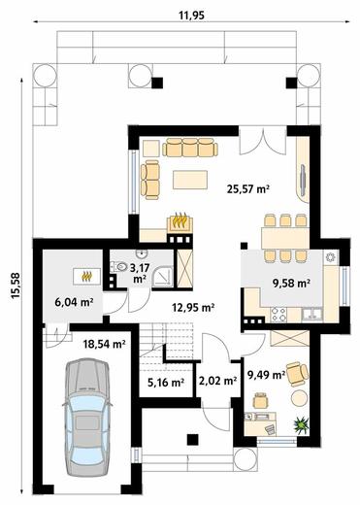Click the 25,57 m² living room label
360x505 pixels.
(x=248, y=188)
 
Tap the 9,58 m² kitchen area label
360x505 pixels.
(x=292, y=284)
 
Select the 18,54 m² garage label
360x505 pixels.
(x=105, y=344)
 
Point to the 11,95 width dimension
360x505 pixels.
(x=192, y=16)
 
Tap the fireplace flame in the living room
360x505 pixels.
(x=180, y=220)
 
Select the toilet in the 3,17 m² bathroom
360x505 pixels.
(x=119, y=266)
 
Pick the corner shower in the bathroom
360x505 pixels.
(x=163, y=276)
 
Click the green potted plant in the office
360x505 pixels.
(x=301, y=424)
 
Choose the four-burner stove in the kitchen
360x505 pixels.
(x=278, y=315)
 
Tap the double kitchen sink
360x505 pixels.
(x=312, y=314)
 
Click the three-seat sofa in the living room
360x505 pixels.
(x=190, y=148)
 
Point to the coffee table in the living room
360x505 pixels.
(x=190, y=180)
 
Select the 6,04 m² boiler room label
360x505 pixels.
(x=74, y=302)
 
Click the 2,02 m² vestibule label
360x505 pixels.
(x=217, y=381)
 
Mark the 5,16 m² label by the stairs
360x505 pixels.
(x=166, y=383)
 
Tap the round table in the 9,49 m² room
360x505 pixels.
(x=300, y=398)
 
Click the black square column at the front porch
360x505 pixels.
(x=193, y=439)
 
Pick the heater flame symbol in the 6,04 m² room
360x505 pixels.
(x=86, y=276)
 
